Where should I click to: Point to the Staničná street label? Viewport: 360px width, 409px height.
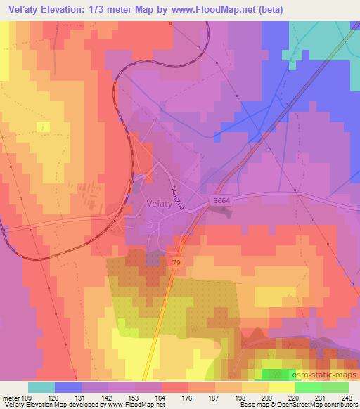[x=178, y=188]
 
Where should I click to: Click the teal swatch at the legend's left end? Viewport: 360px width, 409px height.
[x=41, y=387]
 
